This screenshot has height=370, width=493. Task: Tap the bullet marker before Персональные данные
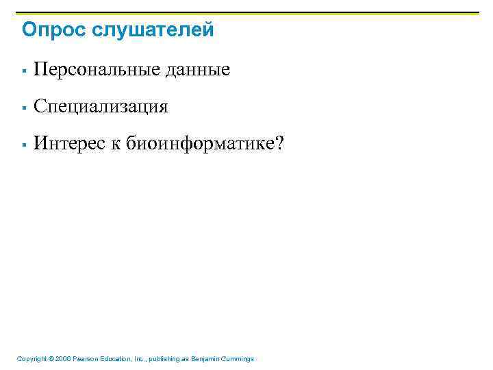[24, 71]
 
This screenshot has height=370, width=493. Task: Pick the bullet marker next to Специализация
[24, 108]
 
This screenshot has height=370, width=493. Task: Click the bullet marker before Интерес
[24, 145]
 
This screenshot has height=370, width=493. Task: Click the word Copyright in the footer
[31, 358]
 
